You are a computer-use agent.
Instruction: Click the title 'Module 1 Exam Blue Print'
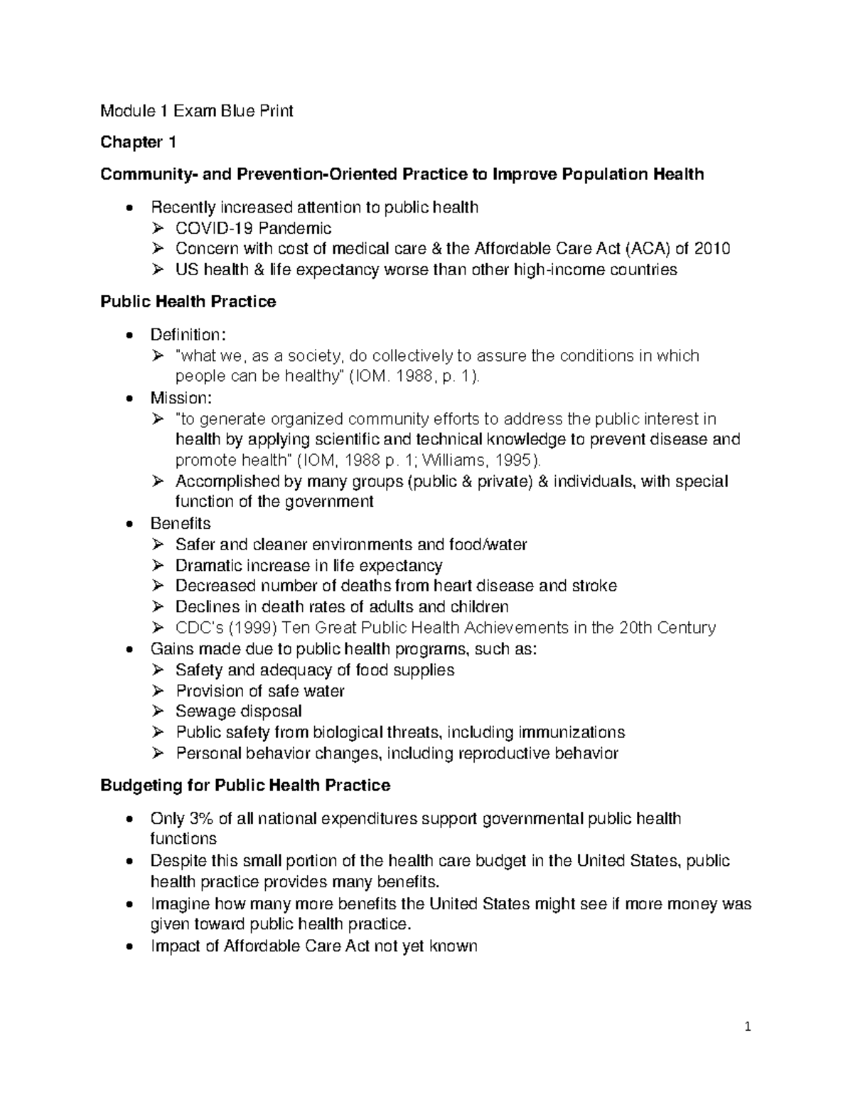[197, 111]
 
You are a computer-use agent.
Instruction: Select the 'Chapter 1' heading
[138, 142]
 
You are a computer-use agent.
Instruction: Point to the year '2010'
[712, 249]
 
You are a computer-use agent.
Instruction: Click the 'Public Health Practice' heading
[188, 301]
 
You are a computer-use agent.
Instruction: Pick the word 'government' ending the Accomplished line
[328, 502]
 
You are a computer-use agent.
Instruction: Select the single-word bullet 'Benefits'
[181, 523]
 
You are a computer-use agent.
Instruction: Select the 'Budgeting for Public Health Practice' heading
[245, 786]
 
